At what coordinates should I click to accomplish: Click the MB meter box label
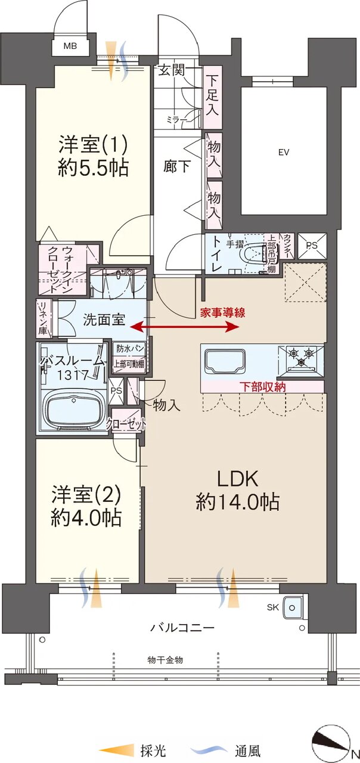coord(70,46)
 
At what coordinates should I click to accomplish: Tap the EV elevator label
coord(284,152)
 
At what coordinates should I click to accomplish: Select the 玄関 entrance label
coord(172,70)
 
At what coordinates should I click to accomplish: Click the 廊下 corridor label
coord(177,166)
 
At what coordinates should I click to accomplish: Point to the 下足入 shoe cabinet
coord(213,97)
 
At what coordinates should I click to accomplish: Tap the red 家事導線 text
coord(222,313)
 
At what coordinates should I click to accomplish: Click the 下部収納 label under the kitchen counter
coord(262,387)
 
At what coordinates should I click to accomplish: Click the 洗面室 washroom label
coord(104,320)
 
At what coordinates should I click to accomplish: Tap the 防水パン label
coord(130,349)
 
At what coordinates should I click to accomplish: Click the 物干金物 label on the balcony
coord(165,660)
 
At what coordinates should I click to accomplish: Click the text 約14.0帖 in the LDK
coord(237,502)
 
